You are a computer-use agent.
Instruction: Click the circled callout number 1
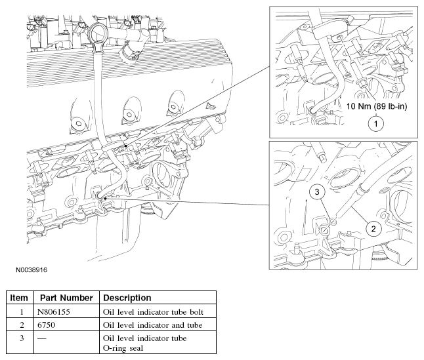coord(376,124)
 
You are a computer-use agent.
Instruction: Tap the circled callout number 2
coord(373,229)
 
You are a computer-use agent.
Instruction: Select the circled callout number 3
coord(317,191)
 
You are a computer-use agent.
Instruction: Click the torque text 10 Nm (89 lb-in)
coord(377,106)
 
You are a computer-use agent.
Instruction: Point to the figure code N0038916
coord(32,270)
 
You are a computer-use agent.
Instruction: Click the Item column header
coord(19,298)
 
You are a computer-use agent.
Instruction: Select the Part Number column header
coord(66,298)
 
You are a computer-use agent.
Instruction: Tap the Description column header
coord(127,298)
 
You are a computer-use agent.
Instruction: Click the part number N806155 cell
coord(54,312)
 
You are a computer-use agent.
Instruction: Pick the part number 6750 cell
coord(46,325)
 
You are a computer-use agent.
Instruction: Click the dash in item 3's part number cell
coord(41,338)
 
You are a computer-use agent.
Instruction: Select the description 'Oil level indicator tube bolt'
coord(153,312)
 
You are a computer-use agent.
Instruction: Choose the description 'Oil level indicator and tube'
coord(152,325)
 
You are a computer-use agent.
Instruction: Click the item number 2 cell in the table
coord(22,325)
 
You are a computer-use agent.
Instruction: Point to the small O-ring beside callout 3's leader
coord(333,222)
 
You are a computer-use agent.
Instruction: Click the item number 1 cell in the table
coord(22,312)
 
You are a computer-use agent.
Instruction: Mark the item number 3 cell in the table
coord(22,338)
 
